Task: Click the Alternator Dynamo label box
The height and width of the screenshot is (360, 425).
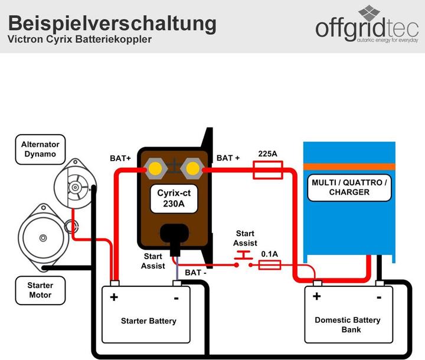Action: [40, 149]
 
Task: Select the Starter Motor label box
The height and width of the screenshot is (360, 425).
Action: [40, 290]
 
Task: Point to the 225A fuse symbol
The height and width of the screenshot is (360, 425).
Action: [267, 172]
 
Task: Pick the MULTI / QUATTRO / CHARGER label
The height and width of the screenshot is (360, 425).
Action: [349, 187]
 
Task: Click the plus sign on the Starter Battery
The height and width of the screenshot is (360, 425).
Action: [114, 296]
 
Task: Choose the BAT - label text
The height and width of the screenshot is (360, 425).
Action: [195, 273]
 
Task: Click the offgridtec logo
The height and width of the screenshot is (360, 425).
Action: [366, 27]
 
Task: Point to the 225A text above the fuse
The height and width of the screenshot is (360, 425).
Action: [267, 154]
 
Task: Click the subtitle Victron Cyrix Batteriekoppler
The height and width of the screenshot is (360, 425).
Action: [79, 40]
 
